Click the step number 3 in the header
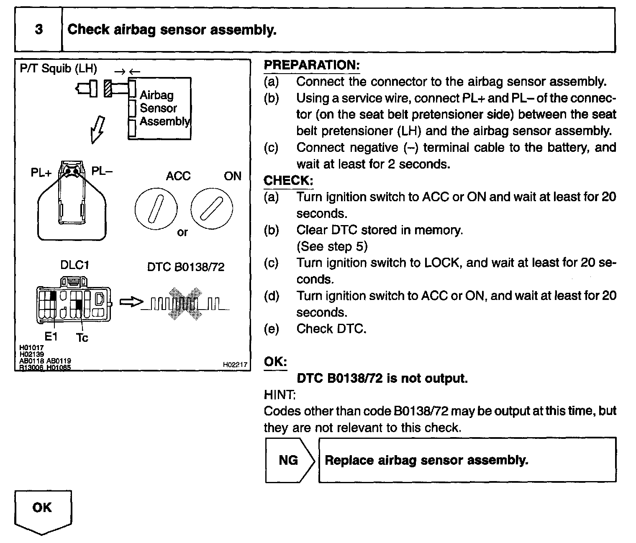[x=38, y=30]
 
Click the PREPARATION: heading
[x=312, y=65]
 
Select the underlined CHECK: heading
[x=288, y=181]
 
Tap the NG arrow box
[x=289, y=460]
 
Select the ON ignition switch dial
[x=211, y=208]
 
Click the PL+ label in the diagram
[x=41, y=172]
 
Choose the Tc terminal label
[x=82, y=338]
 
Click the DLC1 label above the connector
[x=74, y=265]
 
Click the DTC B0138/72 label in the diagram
[x=186, y=267]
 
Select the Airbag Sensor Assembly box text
[x=164, y=108]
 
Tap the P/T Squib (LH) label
[x=58, y=69]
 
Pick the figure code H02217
[x=235, y=365]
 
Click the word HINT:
[x=280, y=394]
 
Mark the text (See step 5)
[x=332, y=246]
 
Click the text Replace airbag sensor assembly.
[x=426, y=460]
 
